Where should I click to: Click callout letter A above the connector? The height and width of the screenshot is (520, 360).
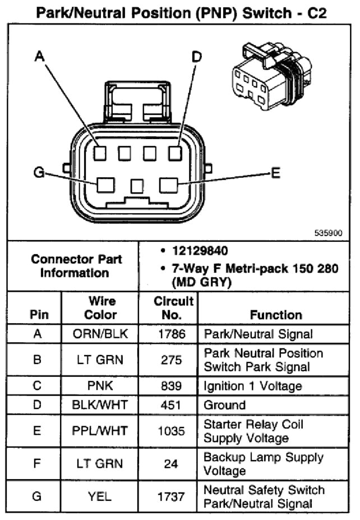(x=39, y=56)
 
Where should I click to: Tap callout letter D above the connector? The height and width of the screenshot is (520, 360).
(x=196, y=56)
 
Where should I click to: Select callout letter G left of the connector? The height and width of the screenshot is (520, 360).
(x=39, y=173)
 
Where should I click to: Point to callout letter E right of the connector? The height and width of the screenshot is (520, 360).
(x=275, y=173)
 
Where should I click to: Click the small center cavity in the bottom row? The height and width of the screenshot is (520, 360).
(x=137, y=186)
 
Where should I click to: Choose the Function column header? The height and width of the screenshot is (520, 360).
(x=276, y=315)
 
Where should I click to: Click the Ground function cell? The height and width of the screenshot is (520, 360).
(x=225, y=405)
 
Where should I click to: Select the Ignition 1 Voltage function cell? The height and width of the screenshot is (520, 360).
(x=253, y=386)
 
